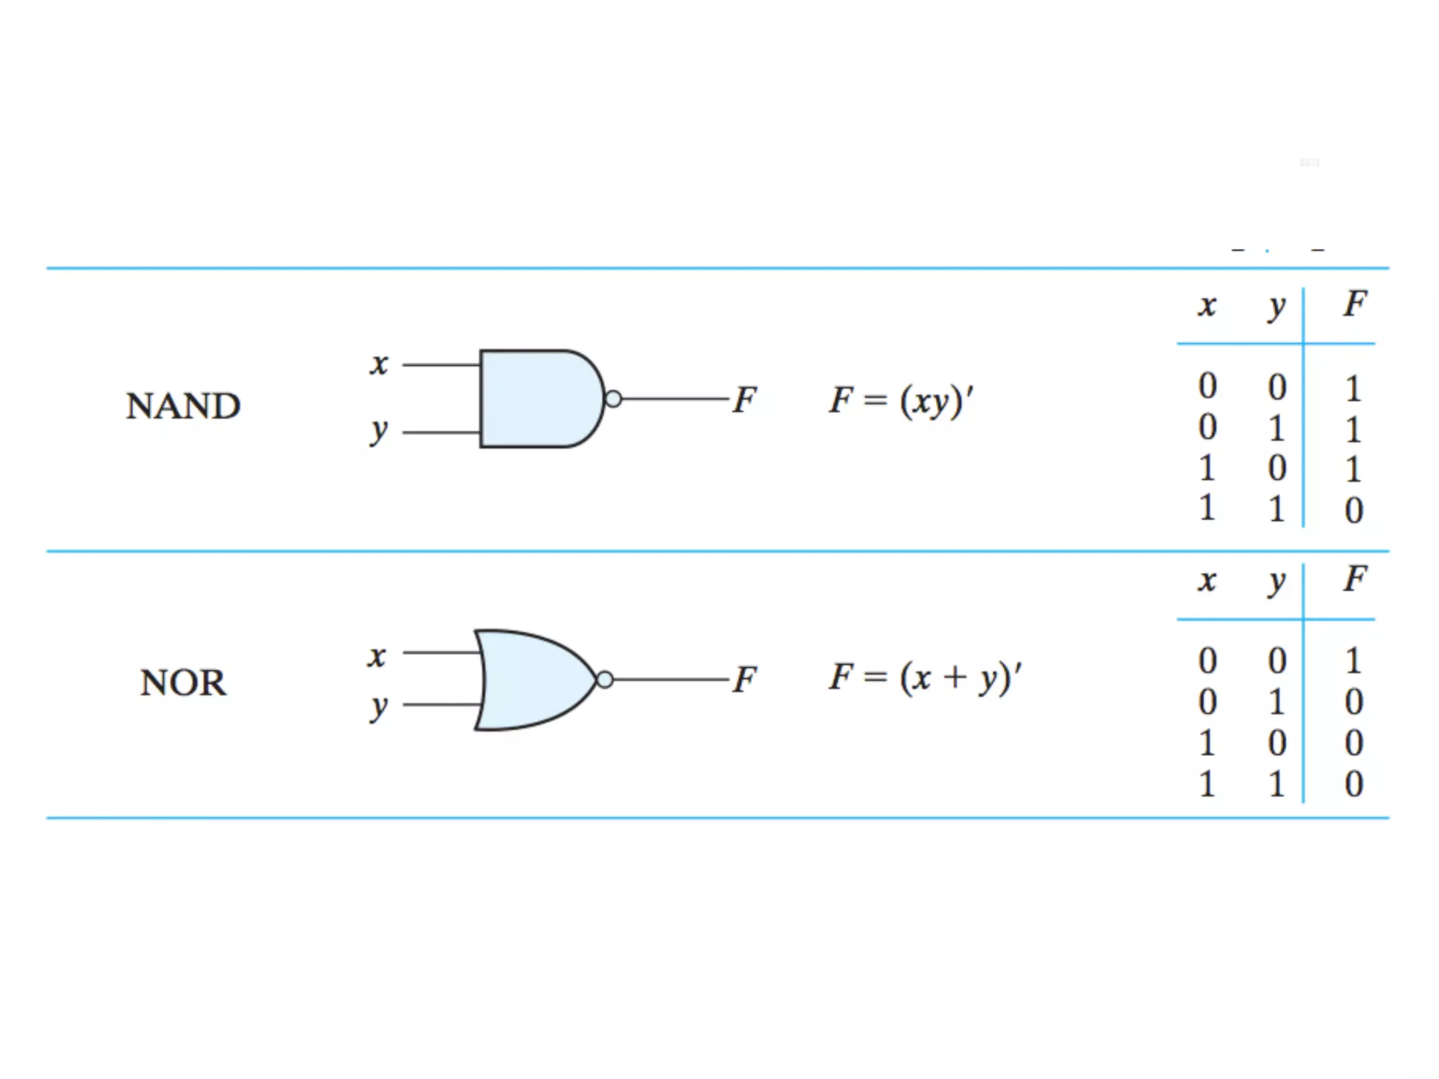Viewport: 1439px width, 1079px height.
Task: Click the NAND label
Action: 183,406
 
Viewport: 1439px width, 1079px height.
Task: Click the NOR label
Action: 183,682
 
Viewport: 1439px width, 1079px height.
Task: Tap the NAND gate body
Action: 538,398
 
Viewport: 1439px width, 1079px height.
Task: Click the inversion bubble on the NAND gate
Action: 613,399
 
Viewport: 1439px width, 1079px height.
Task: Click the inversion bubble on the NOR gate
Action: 604,679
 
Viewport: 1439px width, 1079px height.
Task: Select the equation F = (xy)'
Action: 901,400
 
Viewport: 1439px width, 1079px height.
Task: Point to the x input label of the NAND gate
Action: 379,364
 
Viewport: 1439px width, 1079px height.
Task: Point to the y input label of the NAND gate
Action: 379,430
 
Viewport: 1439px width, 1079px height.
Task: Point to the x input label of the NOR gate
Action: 377,656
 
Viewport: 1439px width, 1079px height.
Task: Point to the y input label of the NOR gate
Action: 379,707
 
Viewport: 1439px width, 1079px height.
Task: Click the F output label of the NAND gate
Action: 745,399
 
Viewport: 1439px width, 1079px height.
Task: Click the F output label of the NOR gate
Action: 745,679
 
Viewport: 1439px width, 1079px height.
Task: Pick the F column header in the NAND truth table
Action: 1355,304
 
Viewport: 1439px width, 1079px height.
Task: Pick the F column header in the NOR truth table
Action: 1355,580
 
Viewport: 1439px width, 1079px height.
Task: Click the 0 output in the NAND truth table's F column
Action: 1354,510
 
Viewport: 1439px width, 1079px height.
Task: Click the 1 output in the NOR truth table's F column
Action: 1353,661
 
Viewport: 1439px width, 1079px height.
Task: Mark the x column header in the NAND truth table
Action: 1207,306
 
